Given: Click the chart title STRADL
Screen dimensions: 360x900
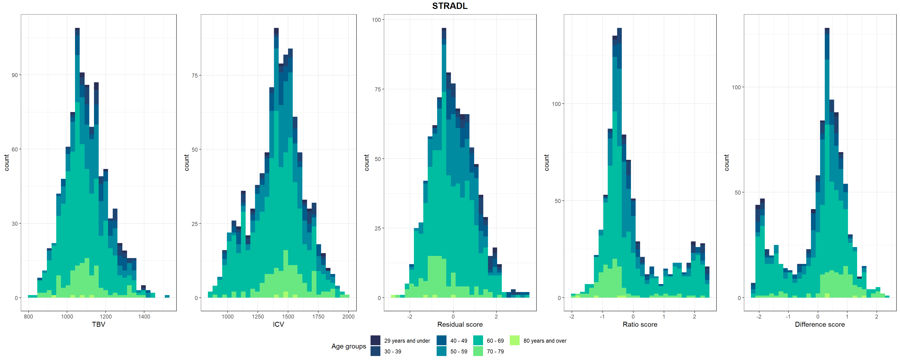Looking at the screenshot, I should pos(450,6).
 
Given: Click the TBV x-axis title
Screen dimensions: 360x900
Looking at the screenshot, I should pos(98,324).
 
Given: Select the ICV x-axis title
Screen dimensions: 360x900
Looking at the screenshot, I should pos(278,324).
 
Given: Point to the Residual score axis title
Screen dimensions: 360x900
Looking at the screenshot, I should pos(460,324).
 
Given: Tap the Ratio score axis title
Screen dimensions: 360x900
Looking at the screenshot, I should pos(640,324).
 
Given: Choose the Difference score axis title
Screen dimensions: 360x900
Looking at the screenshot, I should pos(820,324).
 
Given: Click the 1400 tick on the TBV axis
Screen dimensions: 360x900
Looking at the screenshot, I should pos(144,317).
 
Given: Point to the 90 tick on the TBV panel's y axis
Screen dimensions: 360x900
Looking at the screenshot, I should pos(14,75).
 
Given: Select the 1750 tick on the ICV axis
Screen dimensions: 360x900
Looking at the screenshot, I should pos(318,317).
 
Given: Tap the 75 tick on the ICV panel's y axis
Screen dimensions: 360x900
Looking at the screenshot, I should pos(195,75).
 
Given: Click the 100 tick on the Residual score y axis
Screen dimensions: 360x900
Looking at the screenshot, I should pos(376,20).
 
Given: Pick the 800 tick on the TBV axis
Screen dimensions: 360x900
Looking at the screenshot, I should pos(28,317).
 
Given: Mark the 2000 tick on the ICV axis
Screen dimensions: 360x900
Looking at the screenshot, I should pos(348,317).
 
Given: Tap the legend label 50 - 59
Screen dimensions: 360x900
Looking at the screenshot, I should pos(458,352).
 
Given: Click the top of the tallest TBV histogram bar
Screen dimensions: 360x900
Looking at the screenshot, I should pos(77,29).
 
